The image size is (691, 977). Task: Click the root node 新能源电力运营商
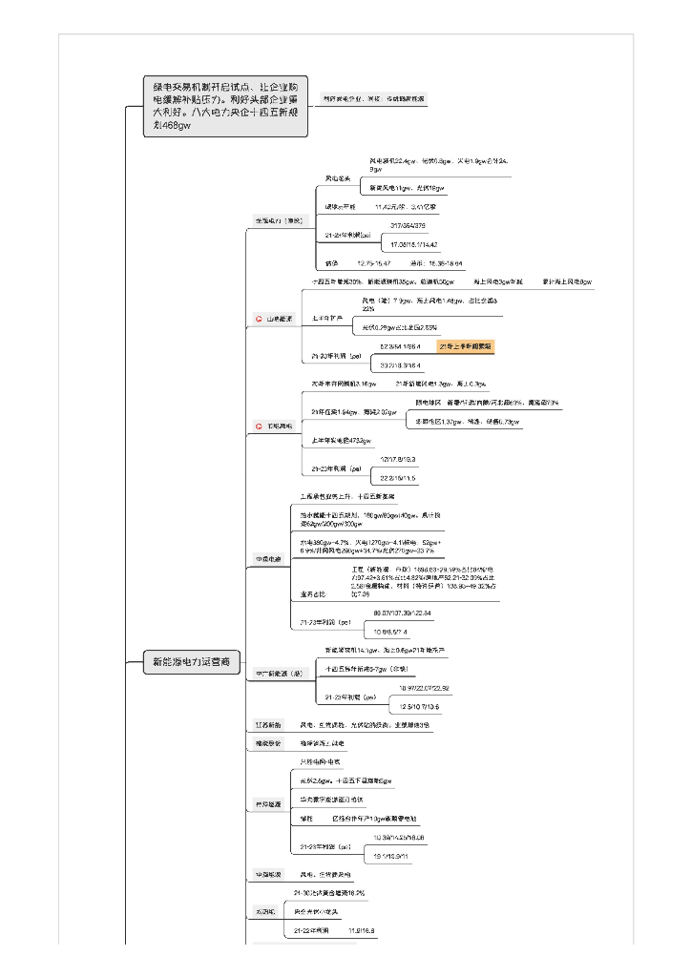[192, 661]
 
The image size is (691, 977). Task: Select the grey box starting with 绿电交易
[226, 105]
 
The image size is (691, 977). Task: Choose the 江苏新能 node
[267, 725]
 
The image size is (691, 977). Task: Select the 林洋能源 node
[267, 804]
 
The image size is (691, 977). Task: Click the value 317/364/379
[408, 225]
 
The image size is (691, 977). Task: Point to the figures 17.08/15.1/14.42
[408, 244]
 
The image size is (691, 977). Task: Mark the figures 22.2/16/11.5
[398, 478]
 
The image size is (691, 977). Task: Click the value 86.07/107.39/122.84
[401, 612]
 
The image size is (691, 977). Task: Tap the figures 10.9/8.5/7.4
[391, 632]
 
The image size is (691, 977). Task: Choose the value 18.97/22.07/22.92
[424, 688]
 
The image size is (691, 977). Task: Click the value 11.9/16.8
[362, 930]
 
